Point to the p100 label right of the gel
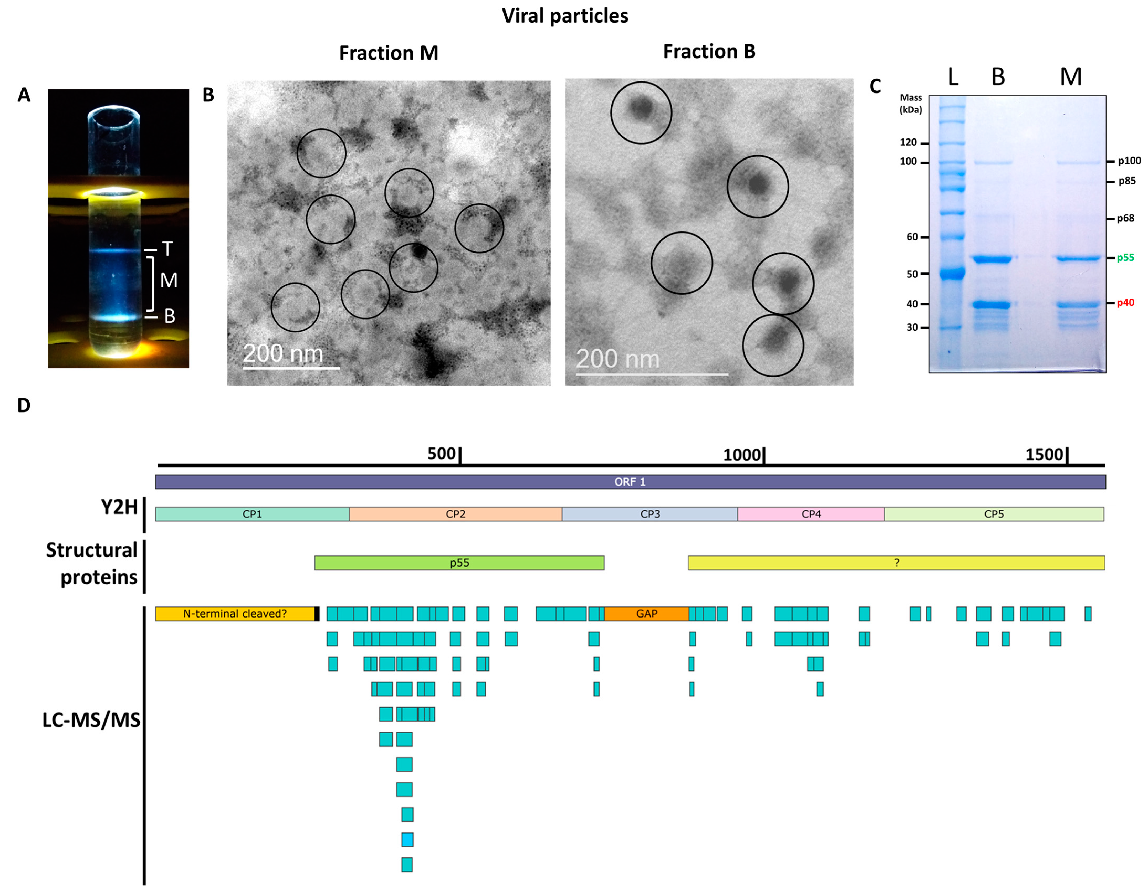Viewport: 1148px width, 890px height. point(1129,161)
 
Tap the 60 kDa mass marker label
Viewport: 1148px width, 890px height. point(911,237)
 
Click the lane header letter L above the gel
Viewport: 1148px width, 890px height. point(953,77)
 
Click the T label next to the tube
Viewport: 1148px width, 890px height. point(167,249)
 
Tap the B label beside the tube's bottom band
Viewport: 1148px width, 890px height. point(169,316)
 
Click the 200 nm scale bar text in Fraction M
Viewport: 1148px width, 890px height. point(283,353)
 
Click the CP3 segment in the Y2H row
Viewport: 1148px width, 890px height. point(650,514)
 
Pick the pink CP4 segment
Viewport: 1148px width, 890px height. point(811,514)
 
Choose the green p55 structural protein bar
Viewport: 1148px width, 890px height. point(459,563)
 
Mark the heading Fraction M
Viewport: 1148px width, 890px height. point(389,53)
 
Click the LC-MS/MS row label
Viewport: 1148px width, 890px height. point(91,720)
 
